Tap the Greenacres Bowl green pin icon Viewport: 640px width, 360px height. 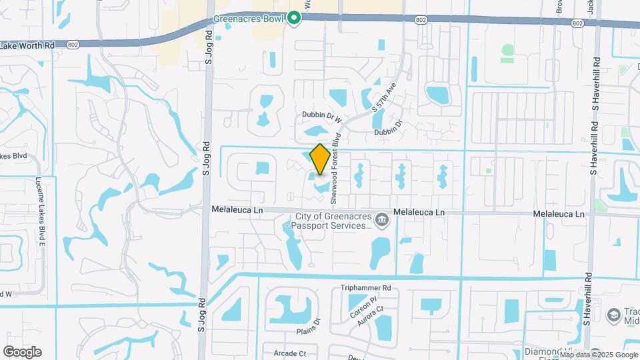[294, 18]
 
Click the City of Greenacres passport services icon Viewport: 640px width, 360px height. [381, 219]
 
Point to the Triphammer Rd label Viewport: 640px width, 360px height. [365, 288]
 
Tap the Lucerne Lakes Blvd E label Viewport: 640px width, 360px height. [41, 213]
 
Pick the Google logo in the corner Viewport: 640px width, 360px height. [22, 352]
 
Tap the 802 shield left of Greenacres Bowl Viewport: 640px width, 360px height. [73, 44]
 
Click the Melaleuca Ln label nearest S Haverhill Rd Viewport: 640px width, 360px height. [559, 214]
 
